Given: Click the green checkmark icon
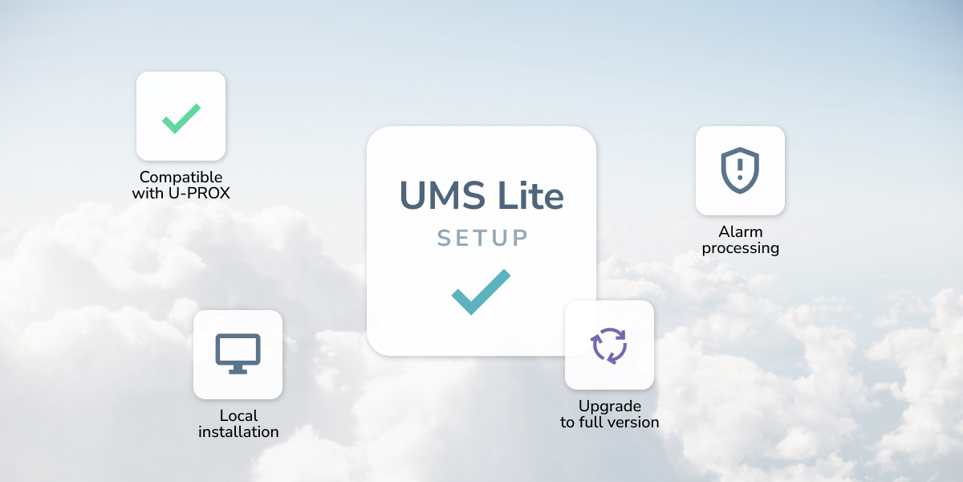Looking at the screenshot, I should click(181, 118).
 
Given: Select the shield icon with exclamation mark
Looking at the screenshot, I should click(740, 170).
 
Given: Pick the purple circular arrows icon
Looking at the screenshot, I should click(609, 345).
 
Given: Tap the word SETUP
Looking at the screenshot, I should click(482, 238).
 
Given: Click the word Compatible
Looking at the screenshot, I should click(181, 178).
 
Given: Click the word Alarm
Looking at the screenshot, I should click(741, 232).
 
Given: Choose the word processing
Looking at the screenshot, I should click(741, 248).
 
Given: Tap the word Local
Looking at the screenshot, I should click(238, 415).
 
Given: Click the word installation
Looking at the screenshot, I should click(238, 432).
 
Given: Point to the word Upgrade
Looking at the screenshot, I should click(610, 406).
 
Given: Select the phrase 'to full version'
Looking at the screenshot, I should click(610, 423).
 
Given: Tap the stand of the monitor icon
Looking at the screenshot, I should click(238, 369).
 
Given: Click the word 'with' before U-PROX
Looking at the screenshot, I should click(147, 194).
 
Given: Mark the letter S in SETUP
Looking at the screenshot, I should click(444, 238).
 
